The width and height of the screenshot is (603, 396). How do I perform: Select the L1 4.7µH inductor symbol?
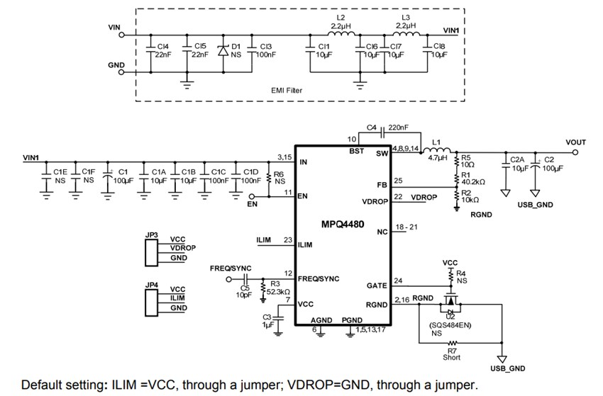(x=438, y=150)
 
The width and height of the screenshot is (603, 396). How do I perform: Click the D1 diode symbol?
(x=223, y=51)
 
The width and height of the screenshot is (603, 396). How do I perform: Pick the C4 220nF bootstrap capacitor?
(x=382, y=132)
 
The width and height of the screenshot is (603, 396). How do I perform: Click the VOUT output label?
(x=575, y=142)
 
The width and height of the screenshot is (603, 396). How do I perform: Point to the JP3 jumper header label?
(x=150, y=234)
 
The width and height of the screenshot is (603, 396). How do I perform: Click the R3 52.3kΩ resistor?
(x=263, y=288)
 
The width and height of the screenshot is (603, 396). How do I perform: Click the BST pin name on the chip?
(x=356, y=152)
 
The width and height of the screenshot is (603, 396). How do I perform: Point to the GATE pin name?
(x=376, y=285)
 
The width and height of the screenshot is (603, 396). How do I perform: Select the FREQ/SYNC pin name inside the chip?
(x=319, y=278)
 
